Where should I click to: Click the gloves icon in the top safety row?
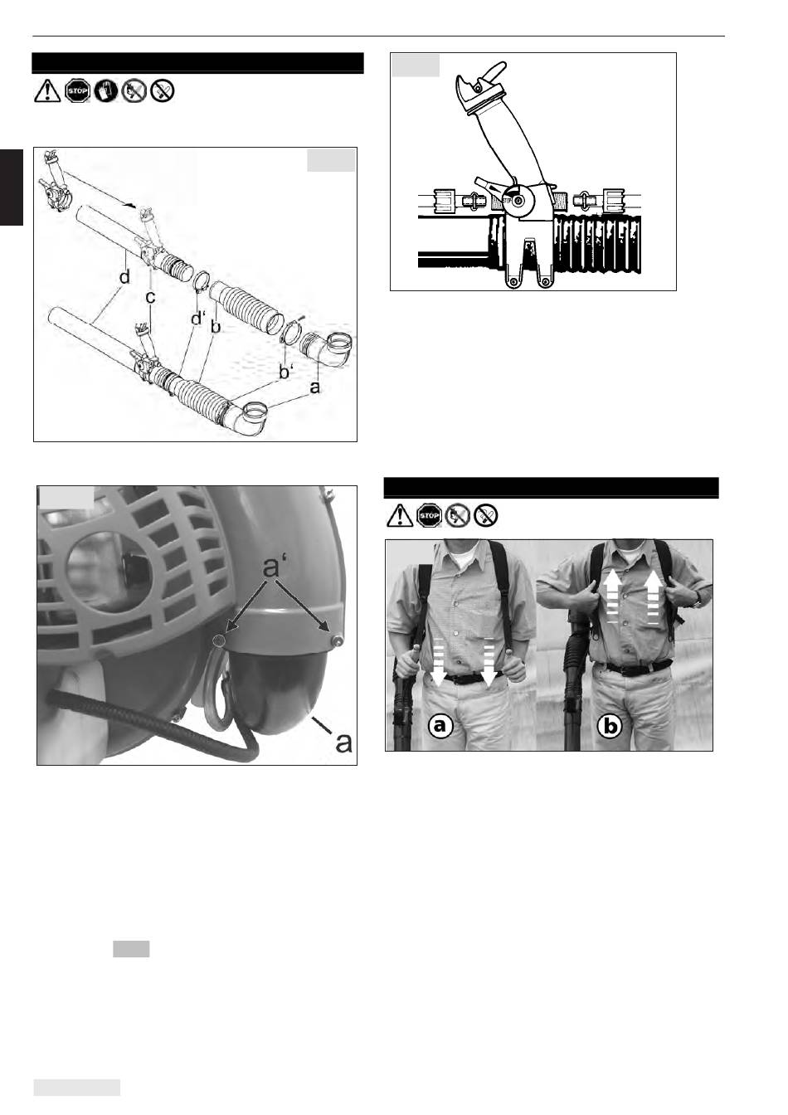click(105, 91)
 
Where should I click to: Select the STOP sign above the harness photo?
click(429, 515)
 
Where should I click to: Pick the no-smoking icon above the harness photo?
click(486, 515)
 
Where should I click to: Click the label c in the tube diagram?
click(150, 297)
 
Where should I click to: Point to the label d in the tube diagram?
click(124, 276)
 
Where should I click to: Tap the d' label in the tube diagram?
click(198, 318)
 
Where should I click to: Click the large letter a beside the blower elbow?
click(343, 743)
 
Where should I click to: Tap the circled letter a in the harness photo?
click(440, 726)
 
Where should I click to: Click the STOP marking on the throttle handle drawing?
click(508, 201)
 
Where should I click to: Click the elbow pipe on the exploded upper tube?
click(327, 349)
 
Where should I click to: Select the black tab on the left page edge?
click(12, 187)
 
